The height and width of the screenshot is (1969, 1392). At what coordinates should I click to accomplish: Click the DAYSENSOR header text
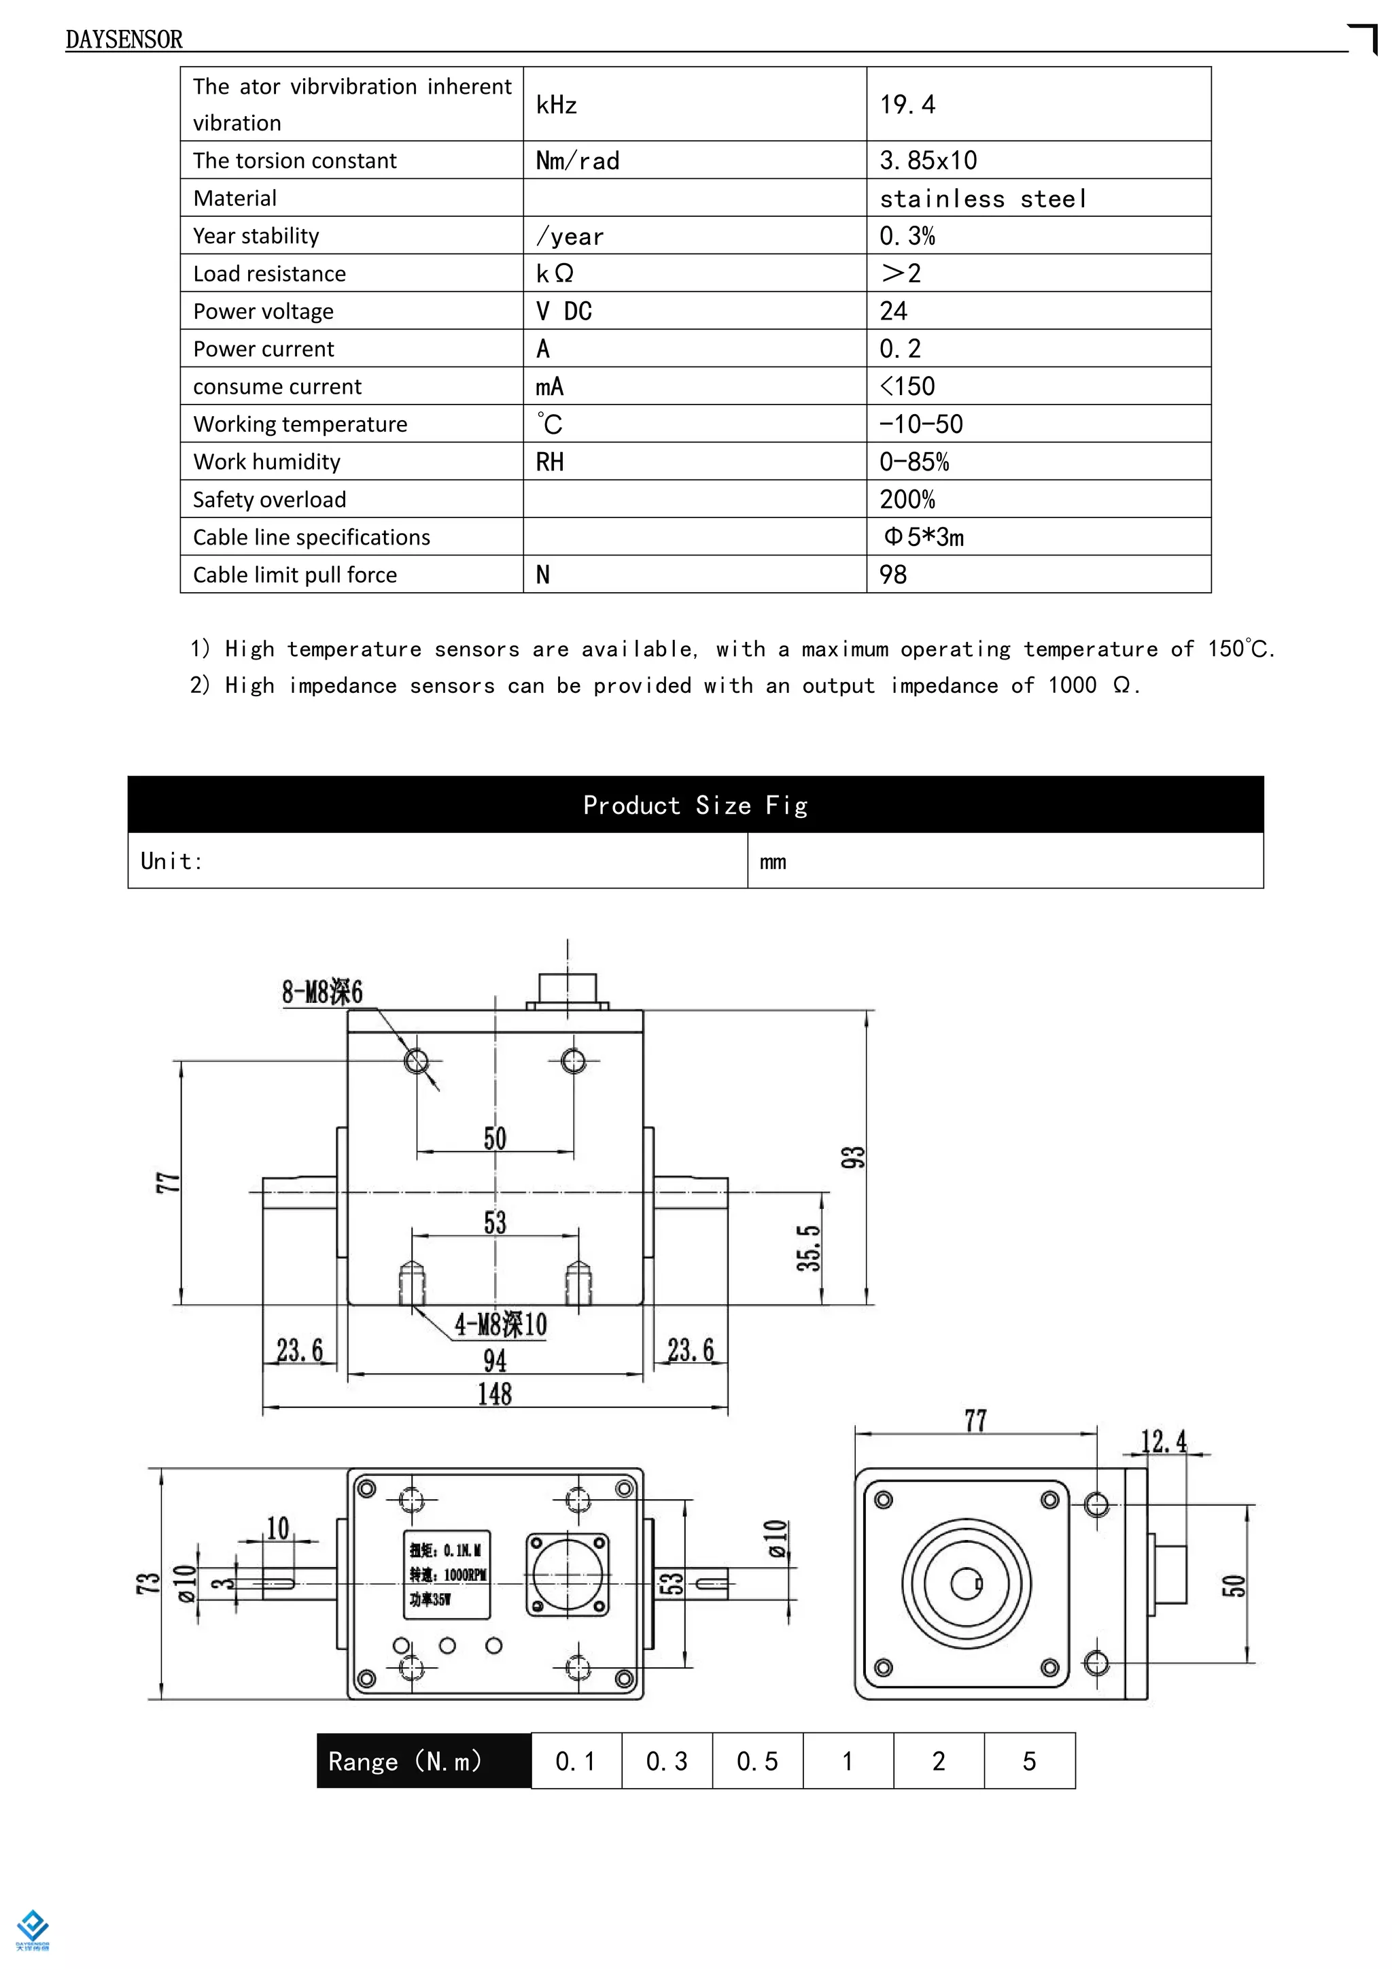(124, 39)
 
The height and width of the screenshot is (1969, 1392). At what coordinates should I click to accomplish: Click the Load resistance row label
(269, 273)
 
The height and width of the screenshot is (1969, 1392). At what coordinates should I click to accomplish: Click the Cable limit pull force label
(295, 575)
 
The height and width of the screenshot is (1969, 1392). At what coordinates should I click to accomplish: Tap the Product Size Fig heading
(695, 805)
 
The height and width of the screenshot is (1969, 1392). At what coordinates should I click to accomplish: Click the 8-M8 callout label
(322, 992)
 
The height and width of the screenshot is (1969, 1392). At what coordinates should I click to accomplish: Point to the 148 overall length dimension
(495, 1394)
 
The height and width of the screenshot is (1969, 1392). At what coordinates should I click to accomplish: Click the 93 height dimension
(853, 1157)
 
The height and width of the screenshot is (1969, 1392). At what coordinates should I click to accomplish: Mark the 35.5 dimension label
(808, 1248)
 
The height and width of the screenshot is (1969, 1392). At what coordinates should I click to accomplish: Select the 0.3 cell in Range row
(667, 1762)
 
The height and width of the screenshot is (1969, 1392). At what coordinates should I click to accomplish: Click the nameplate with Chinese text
(447, 1575)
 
